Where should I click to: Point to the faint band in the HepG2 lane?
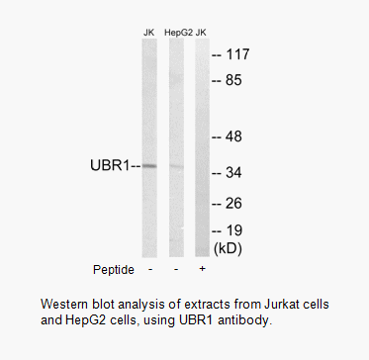coord(176,166)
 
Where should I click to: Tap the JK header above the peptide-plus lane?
coord(201,33)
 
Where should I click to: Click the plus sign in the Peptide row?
coord(203,269)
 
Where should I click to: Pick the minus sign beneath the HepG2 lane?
coord(176,269)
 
